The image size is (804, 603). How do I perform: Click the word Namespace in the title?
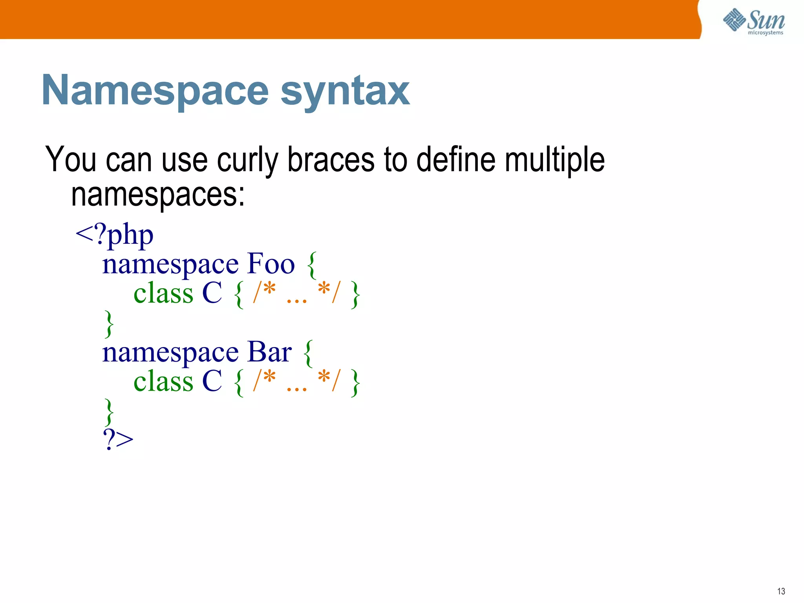(x=155, y=91)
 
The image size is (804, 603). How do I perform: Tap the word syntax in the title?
(x=345, y=91)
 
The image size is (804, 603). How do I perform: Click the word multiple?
(x=554, y=160)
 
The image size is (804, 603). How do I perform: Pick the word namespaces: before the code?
(x=158, y=195)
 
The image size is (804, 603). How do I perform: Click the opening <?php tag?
(x=114, y=235)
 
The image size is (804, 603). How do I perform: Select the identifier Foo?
(x=271, y=264)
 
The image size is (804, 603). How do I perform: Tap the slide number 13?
(x=780, y=591)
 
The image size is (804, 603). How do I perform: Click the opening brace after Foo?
(x=312, y=265)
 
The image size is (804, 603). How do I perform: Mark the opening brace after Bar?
(x=309, y=353)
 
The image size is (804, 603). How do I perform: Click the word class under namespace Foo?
(x=163, y=293)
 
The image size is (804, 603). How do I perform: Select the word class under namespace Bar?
(x=163, y=381)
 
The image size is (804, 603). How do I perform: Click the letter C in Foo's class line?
(x=212, y=293)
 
